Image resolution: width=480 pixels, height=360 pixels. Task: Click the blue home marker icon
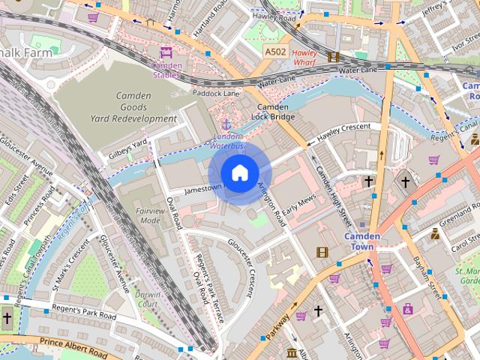pos(239,173)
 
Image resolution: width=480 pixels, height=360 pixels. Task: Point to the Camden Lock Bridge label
pos(274,112)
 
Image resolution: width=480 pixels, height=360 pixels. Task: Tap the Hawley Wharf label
pos(304,58)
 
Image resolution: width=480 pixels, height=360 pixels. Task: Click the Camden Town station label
pos(363,241)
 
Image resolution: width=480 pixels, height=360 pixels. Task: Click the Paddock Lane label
pos(215,93)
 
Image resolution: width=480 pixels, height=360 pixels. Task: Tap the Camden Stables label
pos(166,70)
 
